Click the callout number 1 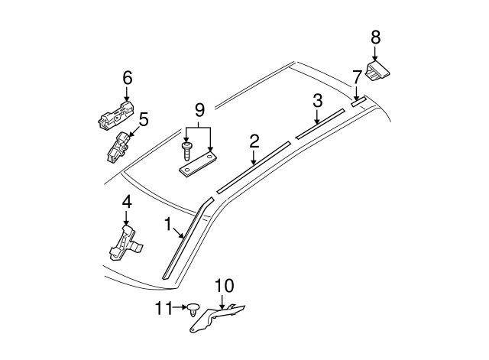(x=167, y=224)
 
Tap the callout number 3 (x=317, y=101)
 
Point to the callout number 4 (x=127, y=202)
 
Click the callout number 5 (x=143, y=119)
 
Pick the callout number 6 (x=127, y=76)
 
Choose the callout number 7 (x=356, y=77)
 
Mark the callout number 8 (x=375, y=37)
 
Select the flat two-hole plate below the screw (x=199, y=164)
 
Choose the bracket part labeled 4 (x=125, y=242)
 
